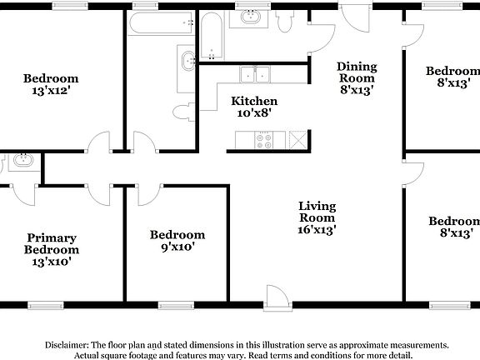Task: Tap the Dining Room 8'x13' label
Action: pyautogui.click(x=357, y=79)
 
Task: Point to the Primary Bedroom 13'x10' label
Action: pyautogui.click(x=52, y=249)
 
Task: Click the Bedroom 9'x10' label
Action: pyautogui.click(x=177, y=241)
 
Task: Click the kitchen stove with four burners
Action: pyautogui.click(x=267, y=140)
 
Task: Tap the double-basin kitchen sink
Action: pyautogui.click(x=256, y=75)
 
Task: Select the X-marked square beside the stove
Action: pyautogui.click(x=297, y=140)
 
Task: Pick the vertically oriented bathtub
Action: pyautogui.click(x=212, y=37)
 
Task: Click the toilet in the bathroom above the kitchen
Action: pyautogui.click(x=286, y=23)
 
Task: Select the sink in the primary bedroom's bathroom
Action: pyautogui.click(x=22, y=161)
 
